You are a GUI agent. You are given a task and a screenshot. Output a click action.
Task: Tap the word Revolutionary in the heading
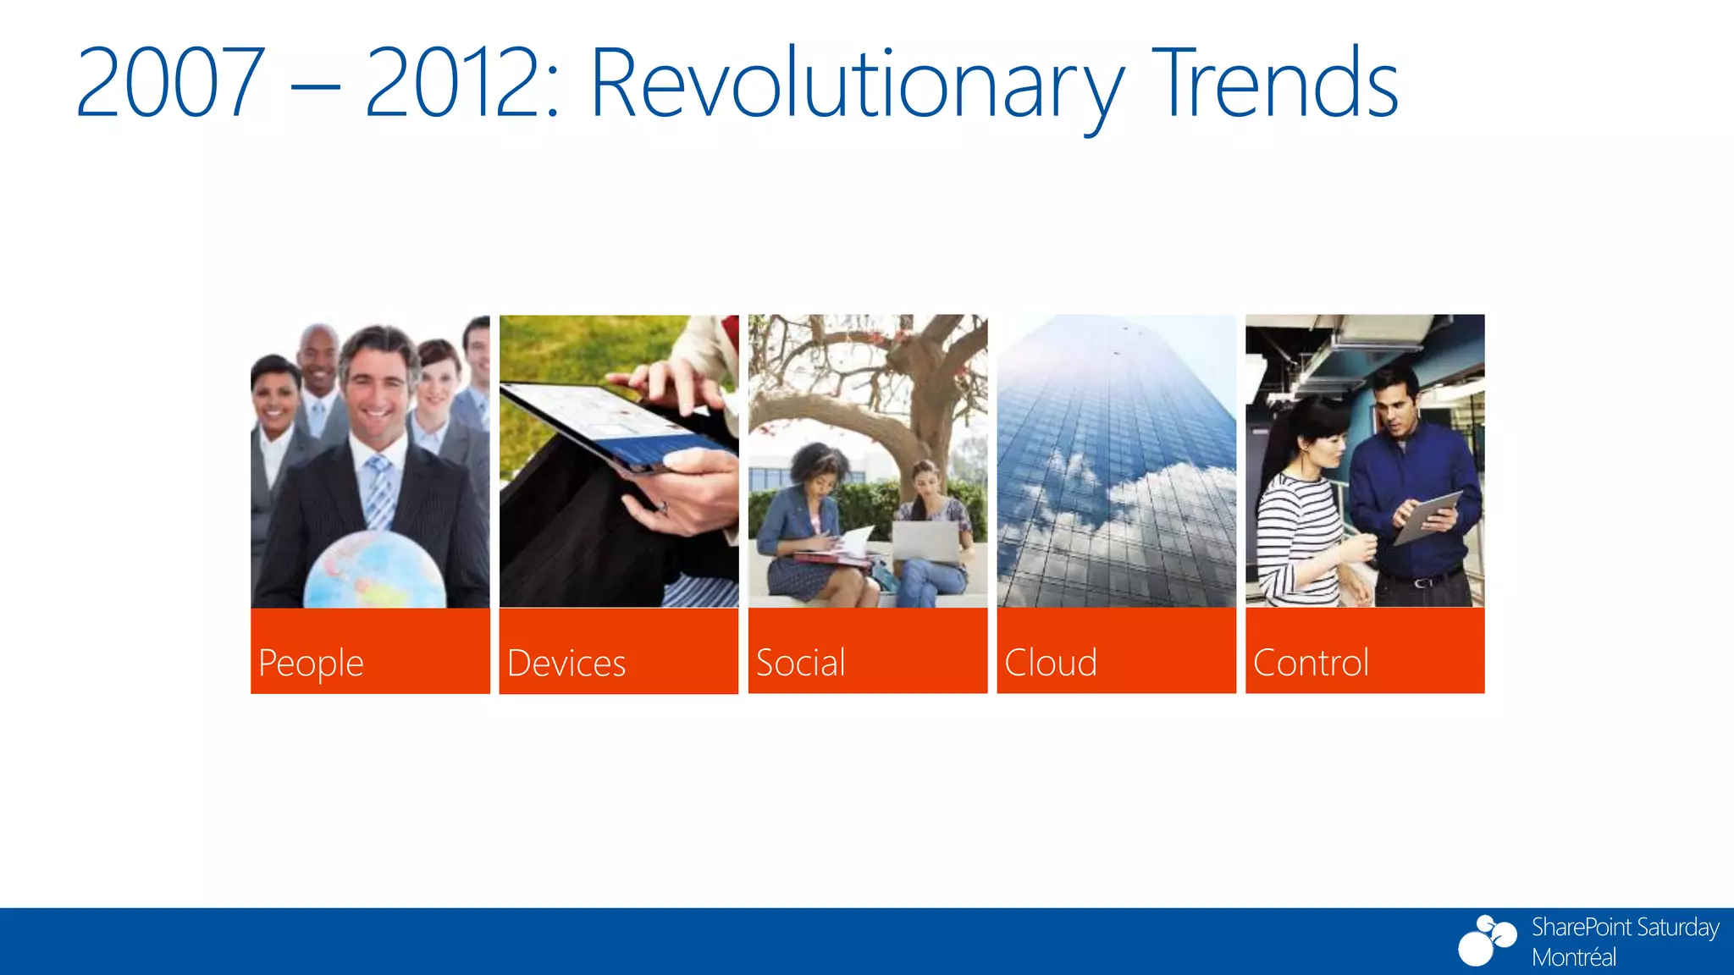(855, 85)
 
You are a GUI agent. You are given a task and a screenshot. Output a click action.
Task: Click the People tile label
(311, 663)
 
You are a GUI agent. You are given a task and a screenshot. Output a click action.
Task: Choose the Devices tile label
(566, 663)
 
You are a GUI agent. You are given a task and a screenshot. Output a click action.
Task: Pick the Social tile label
(800, 663)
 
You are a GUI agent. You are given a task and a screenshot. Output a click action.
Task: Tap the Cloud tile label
(1050, 663)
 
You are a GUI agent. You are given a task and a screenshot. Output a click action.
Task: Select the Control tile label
(1310, 663)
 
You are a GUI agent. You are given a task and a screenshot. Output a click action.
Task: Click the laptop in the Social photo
(925, 542)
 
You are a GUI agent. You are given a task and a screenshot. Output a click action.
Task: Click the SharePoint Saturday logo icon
(1486, 939)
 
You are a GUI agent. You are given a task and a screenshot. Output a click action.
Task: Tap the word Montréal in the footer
(1573, 957)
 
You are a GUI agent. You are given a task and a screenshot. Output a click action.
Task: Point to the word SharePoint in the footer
(1580, 927)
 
